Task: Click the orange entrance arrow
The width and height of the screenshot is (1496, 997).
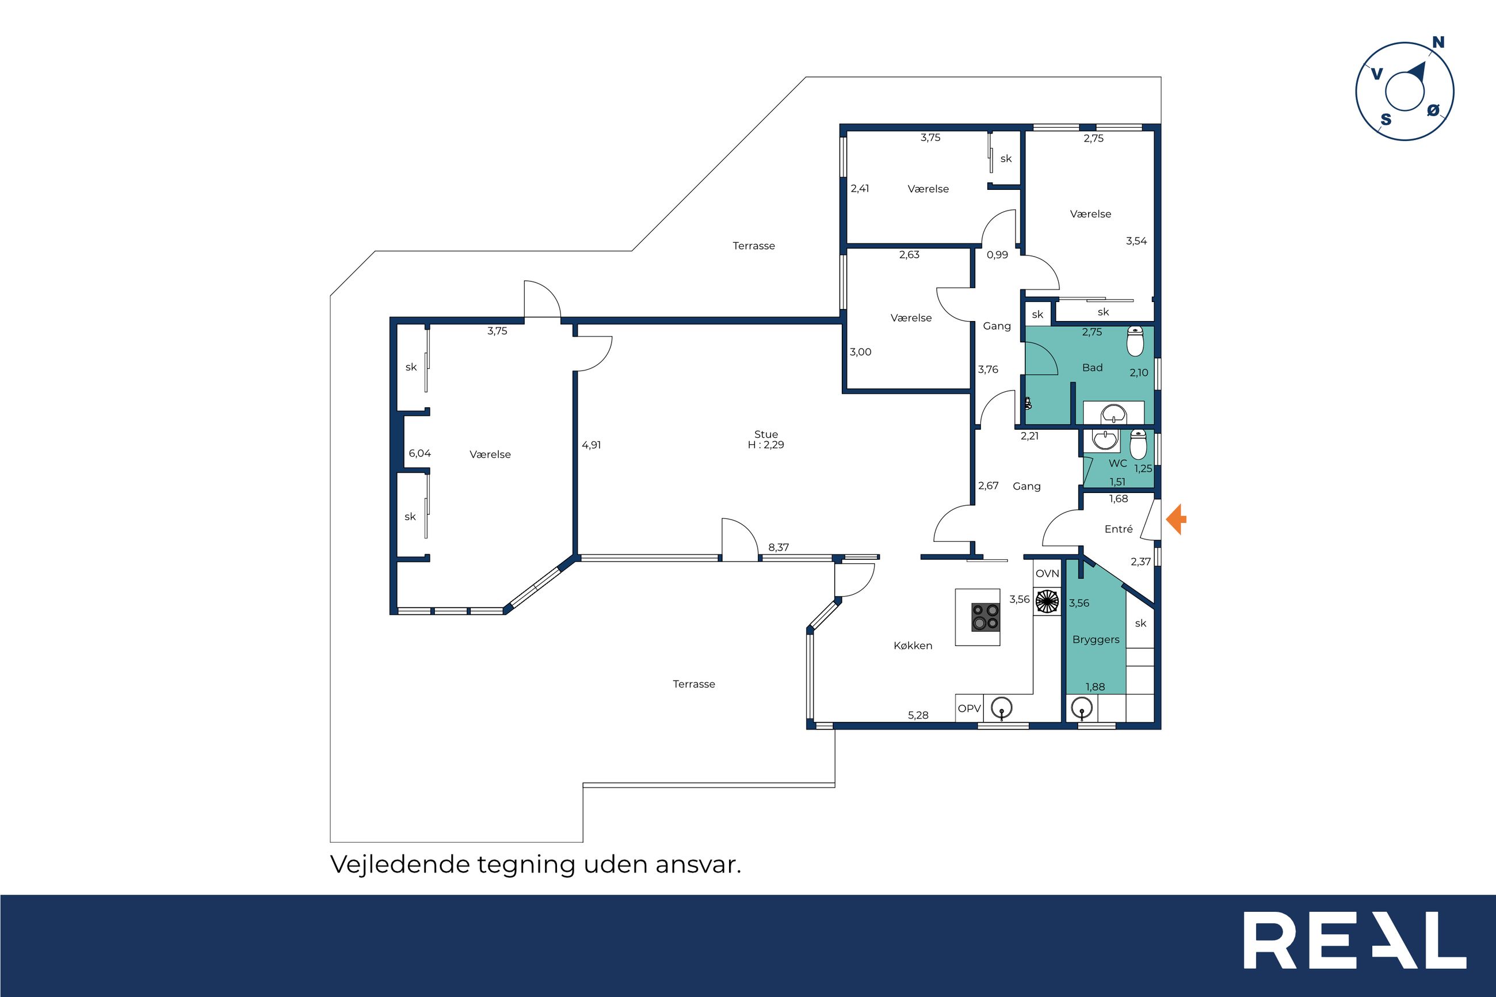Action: (1176, 519)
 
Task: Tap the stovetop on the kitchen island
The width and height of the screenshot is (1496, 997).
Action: (986, 617)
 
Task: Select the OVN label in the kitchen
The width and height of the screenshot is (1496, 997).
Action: (1047, 574)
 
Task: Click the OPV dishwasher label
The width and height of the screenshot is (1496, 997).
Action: (970, 708)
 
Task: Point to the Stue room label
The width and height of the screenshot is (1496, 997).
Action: (766, 434)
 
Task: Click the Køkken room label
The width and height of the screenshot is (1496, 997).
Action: (913, 645)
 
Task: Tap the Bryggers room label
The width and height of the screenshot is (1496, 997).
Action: (1096, 640)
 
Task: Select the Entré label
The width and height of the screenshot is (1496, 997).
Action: (1119, 529)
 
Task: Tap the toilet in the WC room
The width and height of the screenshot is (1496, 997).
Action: (1138, 445)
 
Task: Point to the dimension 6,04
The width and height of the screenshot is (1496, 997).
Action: (419, 453)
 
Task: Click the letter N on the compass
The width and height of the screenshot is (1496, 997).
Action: (1438, 42)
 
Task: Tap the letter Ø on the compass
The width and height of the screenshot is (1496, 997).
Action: (1433, 110)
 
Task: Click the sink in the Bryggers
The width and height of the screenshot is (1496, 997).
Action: (1082, 708)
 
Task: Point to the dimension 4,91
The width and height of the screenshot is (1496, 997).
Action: (591, 445)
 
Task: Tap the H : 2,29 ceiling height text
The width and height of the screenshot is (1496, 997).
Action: (766, 445)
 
